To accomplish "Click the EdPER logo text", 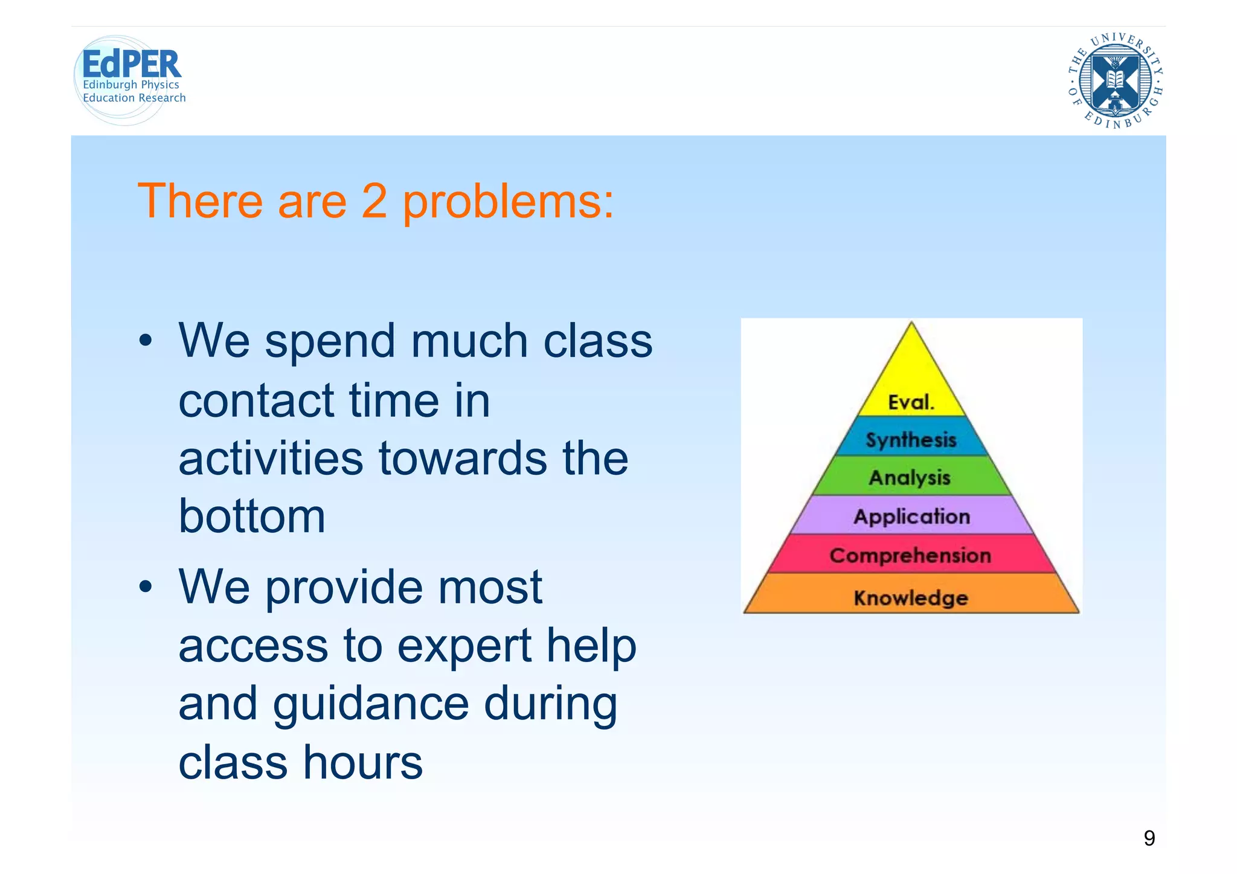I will [131, 63].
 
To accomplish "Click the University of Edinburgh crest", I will [1115, 81].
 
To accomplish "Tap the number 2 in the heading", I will [374, 201].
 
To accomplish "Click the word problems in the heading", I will [507, 202].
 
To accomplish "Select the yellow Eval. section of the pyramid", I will [911, 387].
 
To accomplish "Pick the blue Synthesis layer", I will [911, 439].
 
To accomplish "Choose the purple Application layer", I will [911, 516].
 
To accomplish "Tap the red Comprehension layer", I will [910, 555].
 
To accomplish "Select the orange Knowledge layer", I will [911, 597].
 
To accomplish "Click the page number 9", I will [1149, 838].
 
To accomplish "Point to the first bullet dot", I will [145, 341].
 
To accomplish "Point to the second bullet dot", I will [145, 586].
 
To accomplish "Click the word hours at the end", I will [362, 762].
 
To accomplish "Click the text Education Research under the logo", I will [134, 98].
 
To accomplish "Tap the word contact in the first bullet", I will [256, 400].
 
